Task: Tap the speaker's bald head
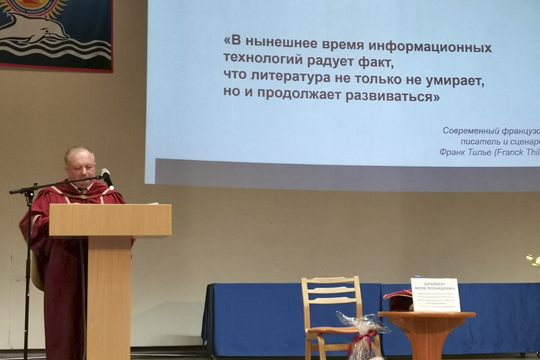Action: [x=78, y=156]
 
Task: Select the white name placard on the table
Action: [x=435, y=294]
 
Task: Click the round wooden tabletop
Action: [x=427, y=315]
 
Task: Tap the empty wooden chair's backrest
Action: [x=331, y=290]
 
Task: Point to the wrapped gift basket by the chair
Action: [x=362, y=334]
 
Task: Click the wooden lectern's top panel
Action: [x=110, y=220]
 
